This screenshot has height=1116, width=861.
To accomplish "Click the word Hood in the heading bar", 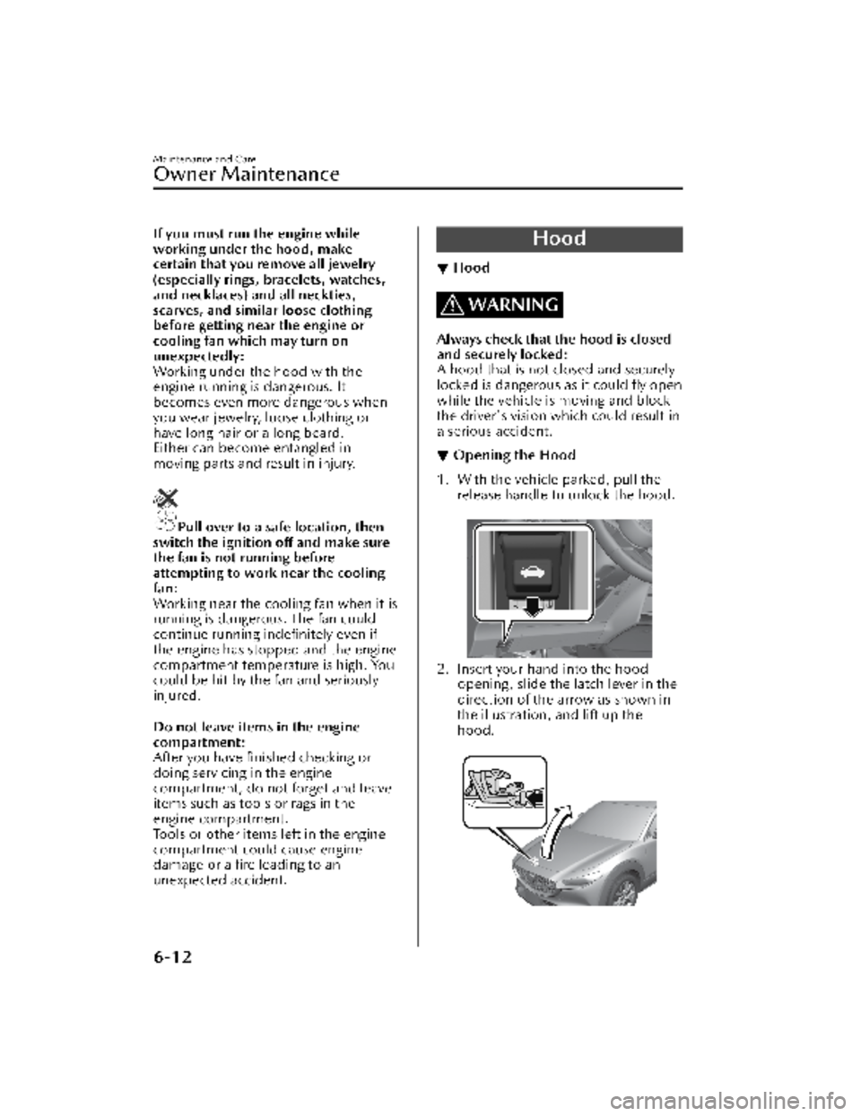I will tap(559, 238).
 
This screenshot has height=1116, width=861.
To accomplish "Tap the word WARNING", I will tap(512, 305).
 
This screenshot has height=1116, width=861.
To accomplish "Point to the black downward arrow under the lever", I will tap(535, 607).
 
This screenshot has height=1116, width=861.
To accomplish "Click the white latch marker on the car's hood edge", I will tap(535, 859).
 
